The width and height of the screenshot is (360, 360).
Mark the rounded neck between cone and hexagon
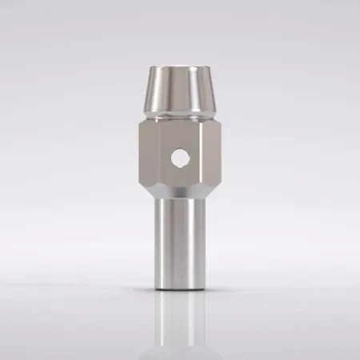point(180,114)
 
